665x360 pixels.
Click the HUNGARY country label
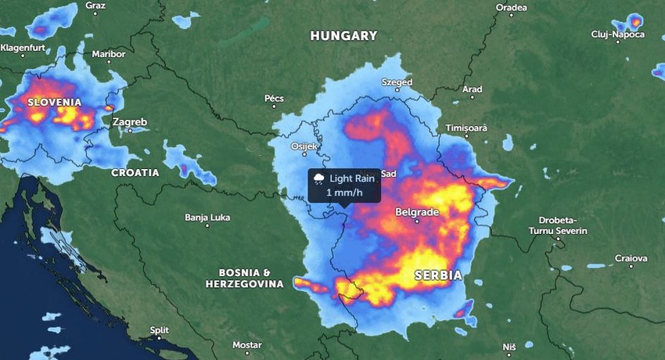(x=343, y=36)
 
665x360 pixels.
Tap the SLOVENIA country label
(x=55, y=103)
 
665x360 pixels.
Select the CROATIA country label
(x=135, y=172)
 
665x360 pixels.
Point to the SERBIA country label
(x=438, y=275)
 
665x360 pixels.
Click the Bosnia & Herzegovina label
(x=244, y=278)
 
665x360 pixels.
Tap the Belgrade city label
(x=417, y=212)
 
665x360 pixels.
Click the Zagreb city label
(x=129, y=122)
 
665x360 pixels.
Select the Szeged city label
(x=397, y=81)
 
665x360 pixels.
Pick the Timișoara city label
(x=466, y=128)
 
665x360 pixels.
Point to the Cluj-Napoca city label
(x=618, y=34)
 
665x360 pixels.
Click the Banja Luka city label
(x=207, y=217)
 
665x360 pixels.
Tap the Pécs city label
(x=274, y=98)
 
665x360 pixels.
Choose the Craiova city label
(x=631, y=257)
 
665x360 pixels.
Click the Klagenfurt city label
(x=23, y=48)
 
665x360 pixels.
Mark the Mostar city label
(x=246, y=345)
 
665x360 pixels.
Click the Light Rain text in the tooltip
(x=353, y=178)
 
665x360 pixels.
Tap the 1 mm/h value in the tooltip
(x=344, y=193)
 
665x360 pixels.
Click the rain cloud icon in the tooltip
(x=319, y=179)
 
